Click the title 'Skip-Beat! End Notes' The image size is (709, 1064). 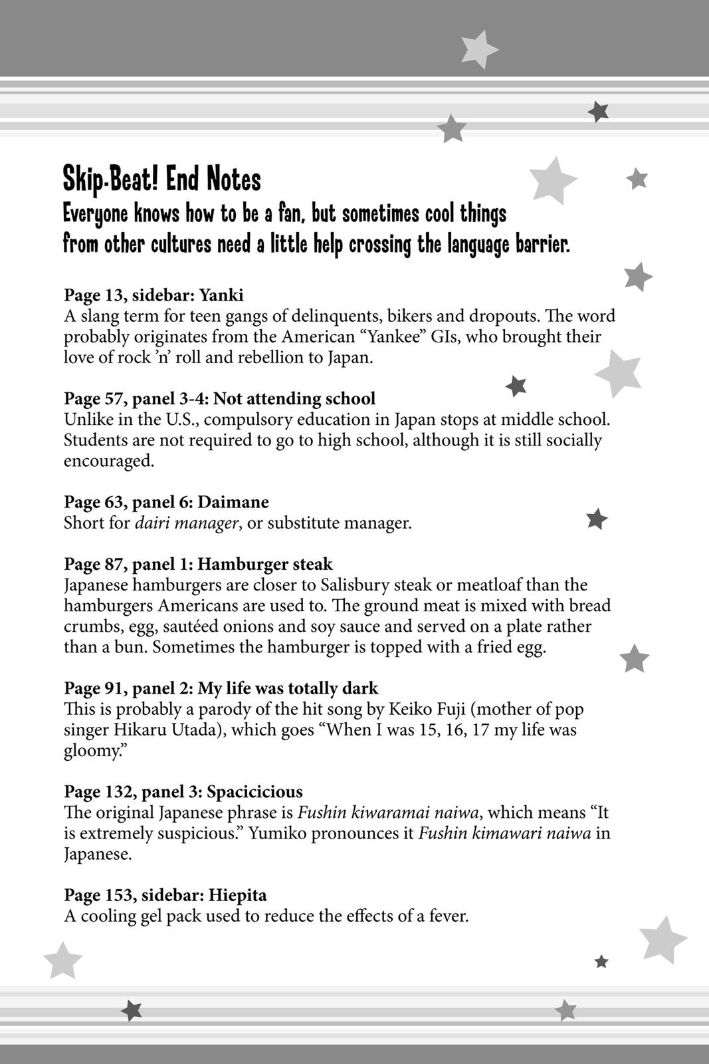coord(161,180)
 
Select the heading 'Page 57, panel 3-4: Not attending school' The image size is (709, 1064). coord(219,399)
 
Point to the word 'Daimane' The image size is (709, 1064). coord(233,502)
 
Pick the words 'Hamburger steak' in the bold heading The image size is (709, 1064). coord(265,565)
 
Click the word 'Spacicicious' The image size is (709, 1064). coord(254,792)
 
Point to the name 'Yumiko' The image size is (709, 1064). coord(274,833)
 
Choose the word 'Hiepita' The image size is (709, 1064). coord(237,895)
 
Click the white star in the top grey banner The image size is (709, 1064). coord(478,48)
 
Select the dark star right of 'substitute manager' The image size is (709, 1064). coord(597,519)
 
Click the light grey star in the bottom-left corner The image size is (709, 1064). coord(62,960)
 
